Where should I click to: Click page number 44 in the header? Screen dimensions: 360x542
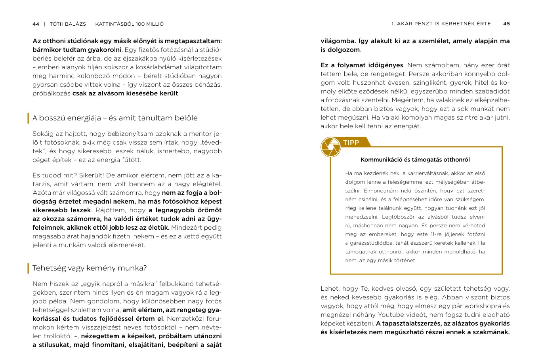coord(36,24)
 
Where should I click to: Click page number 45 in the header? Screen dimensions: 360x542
coord(506,24)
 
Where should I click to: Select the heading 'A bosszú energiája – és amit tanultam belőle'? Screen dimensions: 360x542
coord(115,118)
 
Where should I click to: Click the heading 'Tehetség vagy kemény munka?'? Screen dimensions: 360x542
coord(90,268)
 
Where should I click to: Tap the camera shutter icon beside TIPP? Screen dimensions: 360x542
coord(330,147)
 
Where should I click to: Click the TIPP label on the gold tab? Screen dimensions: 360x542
coord(351,143)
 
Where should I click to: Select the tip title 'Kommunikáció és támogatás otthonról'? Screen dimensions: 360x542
coord(415,160)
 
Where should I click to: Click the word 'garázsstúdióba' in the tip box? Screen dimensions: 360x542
coord(371,243)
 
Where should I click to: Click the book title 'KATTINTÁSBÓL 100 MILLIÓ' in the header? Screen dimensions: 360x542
coord(129,24)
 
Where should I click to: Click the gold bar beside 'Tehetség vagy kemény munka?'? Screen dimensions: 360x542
coord(28,268)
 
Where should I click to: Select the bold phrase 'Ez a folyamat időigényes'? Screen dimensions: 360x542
coord(362,65)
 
